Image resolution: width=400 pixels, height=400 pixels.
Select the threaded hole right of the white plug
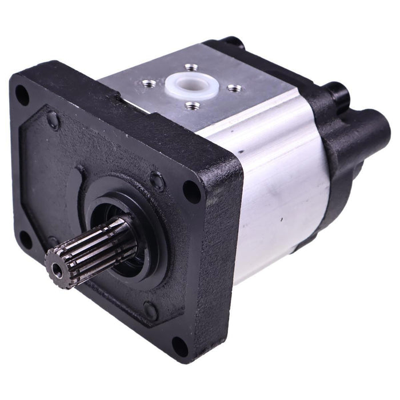tap(233, 88)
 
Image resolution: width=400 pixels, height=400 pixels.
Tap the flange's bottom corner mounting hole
tap(181, 346)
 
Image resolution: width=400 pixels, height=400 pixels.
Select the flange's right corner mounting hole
tap(192, 191)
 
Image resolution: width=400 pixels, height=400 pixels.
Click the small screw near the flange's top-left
tap(53, 120)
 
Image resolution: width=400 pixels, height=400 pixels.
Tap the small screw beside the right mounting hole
tap(157, 182)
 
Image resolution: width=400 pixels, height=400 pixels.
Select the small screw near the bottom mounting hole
tap(150, 311)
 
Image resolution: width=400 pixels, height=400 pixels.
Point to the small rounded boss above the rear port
tap(336, 91)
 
